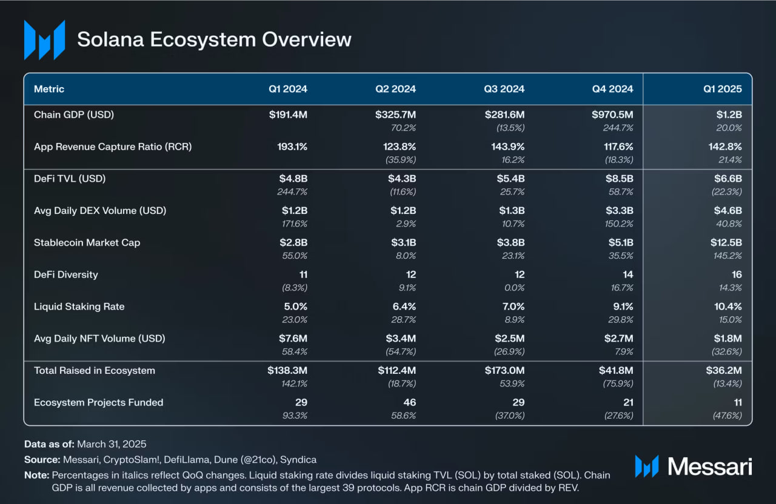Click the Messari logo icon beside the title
pos(44,40)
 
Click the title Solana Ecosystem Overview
pos(214,39)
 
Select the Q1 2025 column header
pos(722,89)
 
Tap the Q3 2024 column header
pos(504,89)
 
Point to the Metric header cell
pos(49,89)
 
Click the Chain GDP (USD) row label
pos(74,114)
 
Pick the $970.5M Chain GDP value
pos(612,114)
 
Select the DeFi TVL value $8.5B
pos(618,179)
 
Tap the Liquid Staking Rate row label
pos(79,307)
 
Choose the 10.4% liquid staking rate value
pos(727,307)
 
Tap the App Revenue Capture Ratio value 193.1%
pos(289,147)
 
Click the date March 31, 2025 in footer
pos(112,444)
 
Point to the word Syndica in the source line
pos(299,460)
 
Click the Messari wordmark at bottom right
pos(709,466)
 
